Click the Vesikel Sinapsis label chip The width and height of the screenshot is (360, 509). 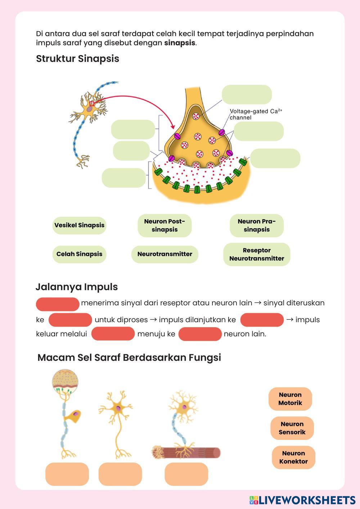79,225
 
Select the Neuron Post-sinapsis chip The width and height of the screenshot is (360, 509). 165,225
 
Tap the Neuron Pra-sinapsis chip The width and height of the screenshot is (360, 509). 257,225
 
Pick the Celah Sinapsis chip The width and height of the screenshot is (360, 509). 79,254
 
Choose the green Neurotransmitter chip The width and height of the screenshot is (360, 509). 165,254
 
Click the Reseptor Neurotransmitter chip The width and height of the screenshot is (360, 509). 257,254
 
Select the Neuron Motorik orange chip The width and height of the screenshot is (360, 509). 290,399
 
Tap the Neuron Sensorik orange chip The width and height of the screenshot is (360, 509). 292,428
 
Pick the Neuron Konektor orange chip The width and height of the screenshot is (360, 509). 293,458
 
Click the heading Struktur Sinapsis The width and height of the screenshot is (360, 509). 77,59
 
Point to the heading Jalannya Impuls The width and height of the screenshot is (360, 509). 77,287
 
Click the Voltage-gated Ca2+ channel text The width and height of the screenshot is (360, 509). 255,114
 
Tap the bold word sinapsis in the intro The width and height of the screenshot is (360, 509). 180,43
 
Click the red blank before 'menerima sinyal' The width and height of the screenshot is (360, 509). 58,304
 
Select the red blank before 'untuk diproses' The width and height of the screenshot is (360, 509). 70,320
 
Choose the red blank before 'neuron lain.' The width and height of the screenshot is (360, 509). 200,334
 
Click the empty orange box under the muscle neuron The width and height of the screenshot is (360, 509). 186,474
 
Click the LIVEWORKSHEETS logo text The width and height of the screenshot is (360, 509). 306,500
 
